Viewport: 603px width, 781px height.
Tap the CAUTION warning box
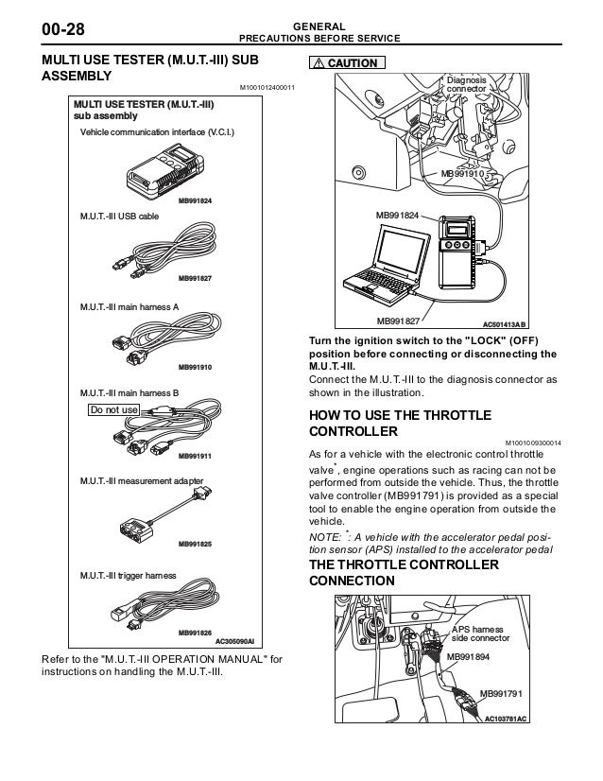pos(343,63)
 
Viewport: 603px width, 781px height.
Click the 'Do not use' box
pos(113,409)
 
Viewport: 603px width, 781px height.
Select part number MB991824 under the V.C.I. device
pos(195,201)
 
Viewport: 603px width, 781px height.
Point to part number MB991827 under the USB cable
pos(195,278)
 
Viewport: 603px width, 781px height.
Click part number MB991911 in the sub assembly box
pos(195,456)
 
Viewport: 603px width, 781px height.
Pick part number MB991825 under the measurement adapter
pos(195,546)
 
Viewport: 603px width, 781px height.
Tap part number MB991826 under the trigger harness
pos(195,632)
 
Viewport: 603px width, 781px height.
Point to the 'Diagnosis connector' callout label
pos(467,86)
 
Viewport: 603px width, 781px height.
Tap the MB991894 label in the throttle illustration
pos(468,656)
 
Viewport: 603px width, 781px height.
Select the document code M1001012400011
pos(267,88)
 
